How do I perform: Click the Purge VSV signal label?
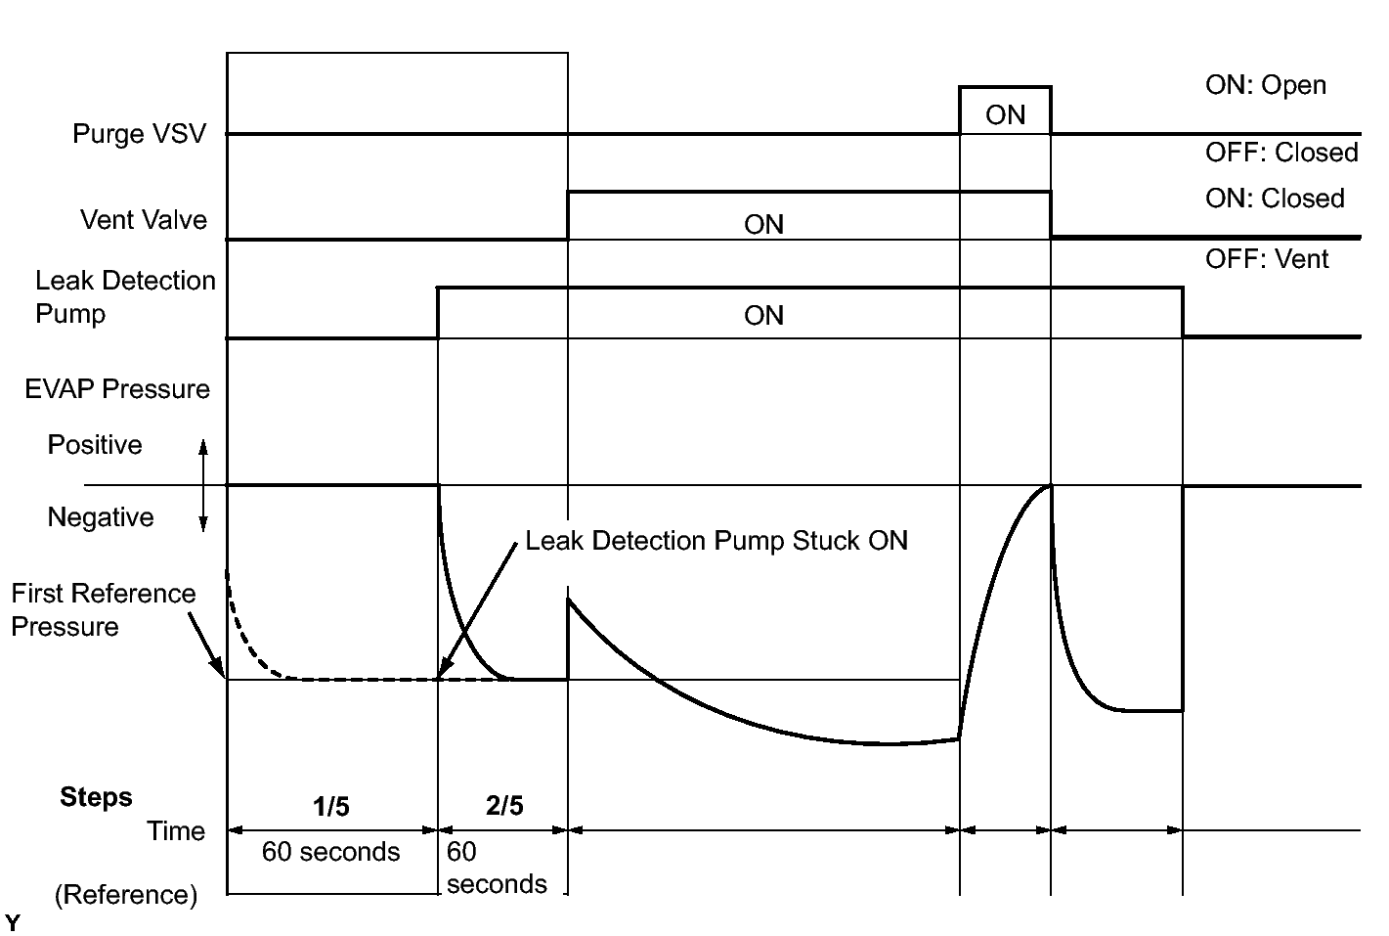tap(140, 134)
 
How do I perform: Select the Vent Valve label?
tap(144, 220)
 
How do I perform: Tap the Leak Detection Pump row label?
tap(125, 297)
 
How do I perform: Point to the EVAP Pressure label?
tap(117, 389)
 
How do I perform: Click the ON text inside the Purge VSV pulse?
tap(1005, 115)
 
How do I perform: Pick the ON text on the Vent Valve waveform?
tap(763, 225)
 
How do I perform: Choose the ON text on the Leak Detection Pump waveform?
tap(763, 316)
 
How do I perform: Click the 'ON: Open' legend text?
tap(1265, 85)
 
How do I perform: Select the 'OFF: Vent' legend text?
tap(1267, 259)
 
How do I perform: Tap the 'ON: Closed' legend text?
tap(1275, 199)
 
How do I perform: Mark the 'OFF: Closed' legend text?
tap(1281, 153)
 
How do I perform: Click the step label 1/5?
tap(331, 807)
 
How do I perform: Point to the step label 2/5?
tap(504, 806)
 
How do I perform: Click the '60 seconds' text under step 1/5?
tap(330, 852)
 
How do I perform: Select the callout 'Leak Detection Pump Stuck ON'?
tap(716, 541)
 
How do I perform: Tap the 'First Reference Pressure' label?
tap(104, 609)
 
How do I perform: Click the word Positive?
tap(95, 445)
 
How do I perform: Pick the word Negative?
tap(101, 517)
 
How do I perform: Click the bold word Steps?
tap(96, 797)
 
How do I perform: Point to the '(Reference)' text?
tap(126, 895)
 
